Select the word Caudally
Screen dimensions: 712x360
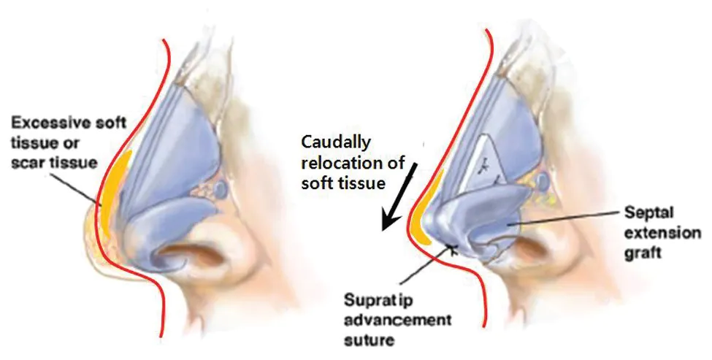(336, 142)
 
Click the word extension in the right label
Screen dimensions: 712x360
(662, 233)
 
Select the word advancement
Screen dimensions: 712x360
(397, 320)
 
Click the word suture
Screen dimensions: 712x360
(369, 340)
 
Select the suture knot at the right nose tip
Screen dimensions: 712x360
(452, 248)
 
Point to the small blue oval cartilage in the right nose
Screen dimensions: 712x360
(541, 182)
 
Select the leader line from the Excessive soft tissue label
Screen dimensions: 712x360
(75, 188)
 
